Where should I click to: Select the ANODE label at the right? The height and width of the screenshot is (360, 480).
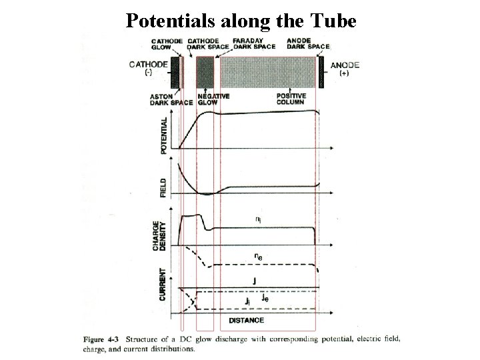(x=345, y=65)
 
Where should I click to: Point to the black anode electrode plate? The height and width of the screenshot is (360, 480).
(x=321, y=71)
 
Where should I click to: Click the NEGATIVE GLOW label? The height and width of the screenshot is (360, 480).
(x=213, y=99)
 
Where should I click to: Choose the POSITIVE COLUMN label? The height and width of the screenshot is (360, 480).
(x=292, y=99)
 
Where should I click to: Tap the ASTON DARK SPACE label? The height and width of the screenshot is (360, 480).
(x=172, y=99)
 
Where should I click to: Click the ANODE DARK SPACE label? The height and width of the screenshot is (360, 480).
(x=308, y=43)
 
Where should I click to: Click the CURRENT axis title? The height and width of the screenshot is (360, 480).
(x=163, y=284)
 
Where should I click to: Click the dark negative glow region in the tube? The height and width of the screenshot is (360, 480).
(x=205, y=71)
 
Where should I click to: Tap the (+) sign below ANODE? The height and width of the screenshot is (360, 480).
(x=344, y=75)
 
